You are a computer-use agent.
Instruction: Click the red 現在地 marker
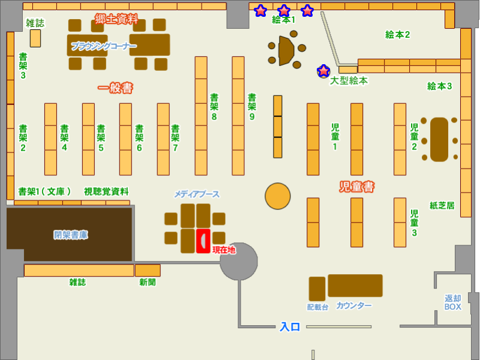point(203,241)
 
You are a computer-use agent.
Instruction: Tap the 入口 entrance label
point(290,327)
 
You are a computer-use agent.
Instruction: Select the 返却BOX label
point(452,302)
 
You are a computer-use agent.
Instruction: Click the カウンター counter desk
point(355,286)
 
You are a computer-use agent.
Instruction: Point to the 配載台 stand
point(317,289)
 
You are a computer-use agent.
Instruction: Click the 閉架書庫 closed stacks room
point(70,235)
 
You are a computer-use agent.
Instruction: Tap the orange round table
point(278,196)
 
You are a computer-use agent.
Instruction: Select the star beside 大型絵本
point(323,71)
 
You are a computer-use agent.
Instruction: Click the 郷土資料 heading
point(116,19)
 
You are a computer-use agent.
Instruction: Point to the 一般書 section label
point(115,88)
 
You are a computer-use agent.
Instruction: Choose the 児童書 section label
point(357,187)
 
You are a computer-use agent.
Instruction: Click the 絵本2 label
point(397,35)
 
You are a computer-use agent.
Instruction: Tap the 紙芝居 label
point(442,205)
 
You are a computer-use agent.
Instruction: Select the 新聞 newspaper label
point(148,281)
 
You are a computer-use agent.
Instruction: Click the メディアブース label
point(197,194)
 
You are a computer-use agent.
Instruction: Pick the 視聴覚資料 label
point(106,191)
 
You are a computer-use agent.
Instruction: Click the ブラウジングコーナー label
point(103,46)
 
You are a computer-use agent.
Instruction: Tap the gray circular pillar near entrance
point(238,262)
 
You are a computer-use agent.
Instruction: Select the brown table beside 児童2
point(439,139)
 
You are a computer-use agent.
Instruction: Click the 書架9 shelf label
point(252,107)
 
